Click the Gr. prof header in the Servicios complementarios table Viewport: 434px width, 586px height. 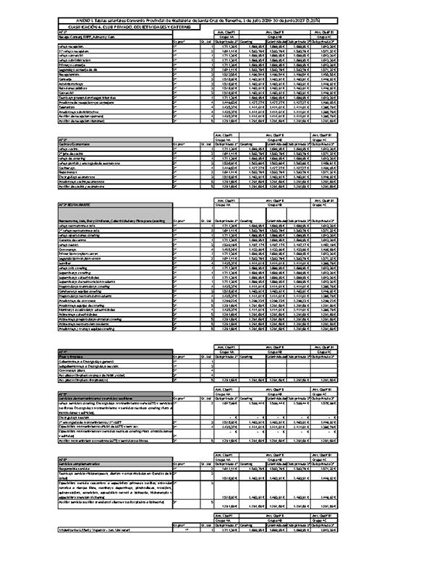pyautogui.click(x=180, y=463)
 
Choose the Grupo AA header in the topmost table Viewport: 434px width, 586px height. pyautogui.click(x=226, y=38)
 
